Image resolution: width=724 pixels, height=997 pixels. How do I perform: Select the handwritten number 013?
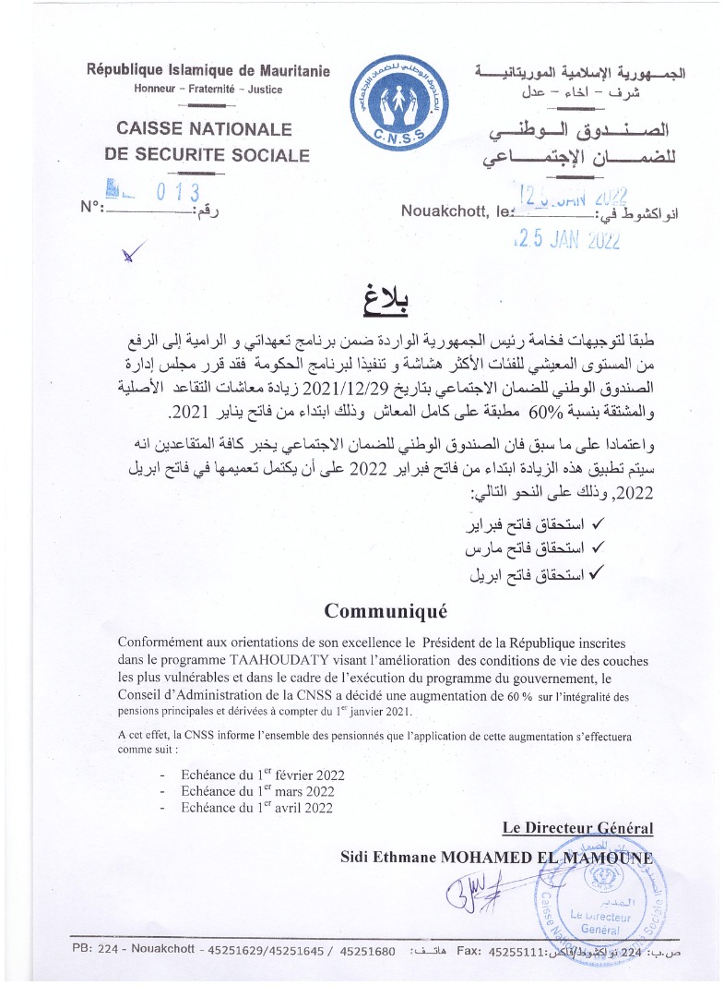click(179, 194)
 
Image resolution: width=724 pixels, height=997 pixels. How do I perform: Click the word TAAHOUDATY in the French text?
click(300, 659)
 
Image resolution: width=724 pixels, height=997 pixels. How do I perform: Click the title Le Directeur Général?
click(577, 828)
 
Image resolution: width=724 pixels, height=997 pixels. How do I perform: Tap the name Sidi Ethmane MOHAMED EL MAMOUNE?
click(496, 856)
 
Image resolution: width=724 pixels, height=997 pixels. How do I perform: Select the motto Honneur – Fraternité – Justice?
click(208, 90)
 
